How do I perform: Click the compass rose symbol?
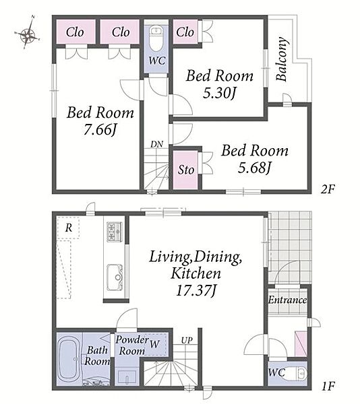[x=28, y=33]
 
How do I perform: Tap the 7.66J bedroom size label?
[x=100, y=129]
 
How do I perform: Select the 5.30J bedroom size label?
[x=220, y=93]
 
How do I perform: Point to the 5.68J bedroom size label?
[x=255, y=168]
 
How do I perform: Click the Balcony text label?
[x=281, y=59]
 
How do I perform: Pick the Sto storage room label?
[x=186, y=170]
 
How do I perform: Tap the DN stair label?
[x=157, y=144]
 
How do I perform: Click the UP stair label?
[x=187, y=340]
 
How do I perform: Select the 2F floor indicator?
[x=328, y=189]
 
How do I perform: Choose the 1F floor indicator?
[x=328, y=386]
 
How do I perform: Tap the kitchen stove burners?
[x=115, y=232]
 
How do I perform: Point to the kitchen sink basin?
[x=115, y=277]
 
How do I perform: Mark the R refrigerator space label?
[x=69, y=228]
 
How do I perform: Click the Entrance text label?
[x=288, y=300]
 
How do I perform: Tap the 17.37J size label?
[x=196, y=290]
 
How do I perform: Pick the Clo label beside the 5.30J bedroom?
[x=185, y=32]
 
